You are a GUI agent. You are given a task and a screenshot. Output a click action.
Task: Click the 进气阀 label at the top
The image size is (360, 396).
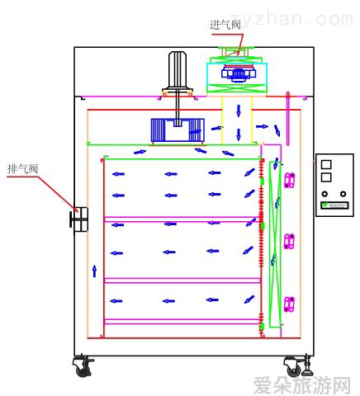(x=225, y=25)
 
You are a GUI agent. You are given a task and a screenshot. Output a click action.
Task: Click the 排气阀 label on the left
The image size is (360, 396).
(x=22, y=168)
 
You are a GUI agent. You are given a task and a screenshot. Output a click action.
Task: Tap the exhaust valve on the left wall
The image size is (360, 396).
(x=79, y=219)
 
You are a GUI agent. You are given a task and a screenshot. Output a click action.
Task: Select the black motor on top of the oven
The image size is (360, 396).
(x=178, y=73)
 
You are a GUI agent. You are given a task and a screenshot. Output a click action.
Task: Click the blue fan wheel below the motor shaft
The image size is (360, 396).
(x=178, y=130)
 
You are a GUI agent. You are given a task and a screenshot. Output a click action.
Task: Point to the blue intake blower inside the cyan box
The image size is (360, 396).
(x=239, y=73)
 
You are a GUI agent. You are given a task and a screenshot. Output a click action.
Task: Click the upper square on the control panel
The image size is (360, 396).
(x=326, y=164)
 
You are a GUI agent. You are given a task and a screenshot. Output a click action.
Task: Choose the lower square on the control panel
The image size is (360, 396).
(x=326, y=177)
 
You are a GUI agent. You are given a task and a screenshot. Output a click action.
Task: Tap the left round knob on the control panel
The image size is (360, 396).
(x=324, y=194)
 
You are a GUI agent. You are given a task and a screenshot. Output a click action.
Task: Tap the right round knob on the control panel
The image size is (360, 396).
(x=343, y=194)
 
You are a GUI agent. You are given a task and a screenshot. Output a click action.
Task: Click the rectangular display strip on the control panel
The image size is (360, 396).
(x=334, y=205)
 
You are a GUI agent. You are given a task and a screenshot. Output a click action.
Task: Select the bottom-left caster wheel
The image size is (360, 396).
(x=83, y=366)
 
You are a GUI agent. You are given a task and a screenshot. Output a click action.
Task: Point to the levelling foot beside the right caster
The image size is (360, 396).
(x=307, y=365)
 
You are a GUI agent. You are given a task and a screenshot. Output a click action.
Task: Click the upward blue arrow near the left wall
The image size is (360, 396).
(x=94, y=271)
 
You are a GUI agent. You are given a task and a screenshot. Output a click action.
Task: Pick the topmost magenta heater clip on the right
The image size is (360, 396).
(x=289, y=180)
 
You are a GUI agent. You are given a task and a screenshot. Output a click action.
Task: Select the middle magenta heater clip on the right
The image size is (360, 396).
(x=289, y=242)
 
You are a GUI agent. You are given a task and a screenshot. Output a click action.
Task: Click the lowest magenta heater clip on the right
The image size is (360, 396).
(x=289, y=304)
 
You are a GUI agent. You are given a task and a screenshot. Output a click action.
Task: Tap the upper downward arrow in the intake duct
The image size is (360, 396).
(x=239, y=111)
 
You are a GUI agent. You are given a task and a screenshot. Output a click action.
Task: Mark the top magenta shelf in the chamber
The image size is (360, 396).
(x=182, y=219)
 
